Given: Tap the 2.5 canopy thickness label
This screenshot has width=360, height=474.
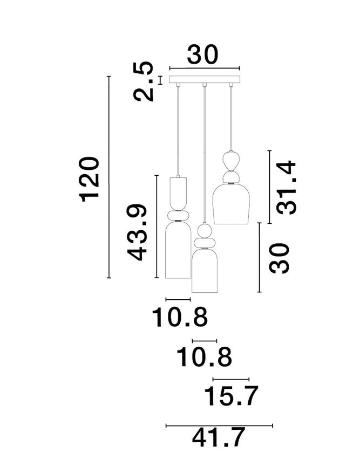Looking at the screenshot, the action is [143, 81].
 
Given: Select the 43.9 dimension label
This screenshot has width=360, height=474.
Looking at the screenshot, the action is [137, 232].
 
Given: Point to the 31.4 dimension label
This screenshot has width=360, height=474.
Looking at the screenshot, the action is [286, 188].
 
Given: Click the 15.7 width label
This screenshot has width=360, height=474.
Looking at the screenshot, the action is [231, 395].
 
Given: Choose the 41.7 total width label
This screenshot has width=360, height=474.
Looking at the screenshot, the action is [218, 438].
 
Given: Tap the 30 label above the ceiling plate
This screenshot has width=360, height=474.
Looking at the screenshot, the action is [202, 54].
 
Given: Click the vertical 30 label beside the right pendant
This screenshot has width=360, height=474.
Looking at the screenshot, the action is [280, 258].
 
